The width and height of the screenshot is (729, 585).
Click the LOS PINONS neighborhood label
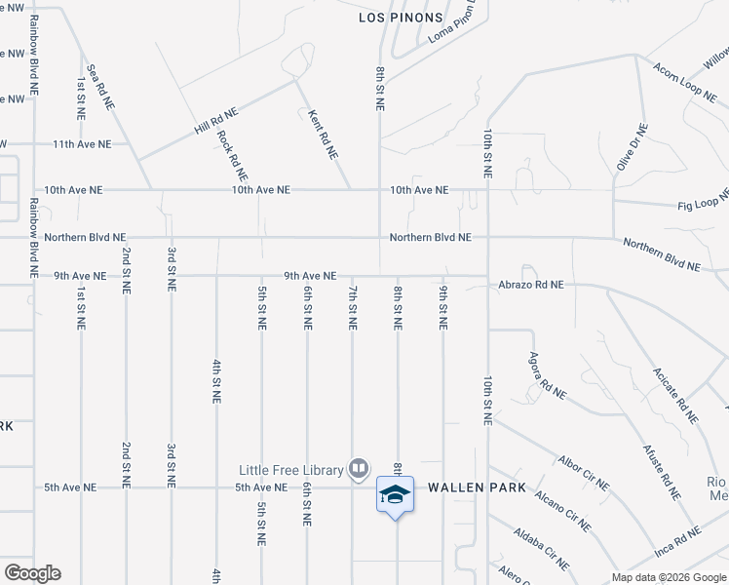401,18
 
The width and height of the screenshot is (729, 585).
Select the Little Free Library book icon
359,470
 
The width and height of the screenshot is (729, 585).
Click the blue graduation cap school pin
395,494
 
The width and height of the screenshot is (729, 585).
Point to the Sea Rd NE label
100,88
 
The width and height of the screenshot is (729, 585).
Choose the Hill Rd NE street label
215,122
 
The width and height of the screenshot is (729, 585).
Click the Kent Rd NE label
323,135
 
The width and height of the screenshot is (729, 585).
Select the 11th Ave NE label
82,144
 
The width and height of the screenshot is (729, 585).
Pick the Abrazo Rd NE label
532,286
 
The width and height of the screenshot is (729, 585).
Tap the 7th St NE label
353,307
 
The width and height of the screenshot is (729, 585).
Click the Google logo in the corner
31,573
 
